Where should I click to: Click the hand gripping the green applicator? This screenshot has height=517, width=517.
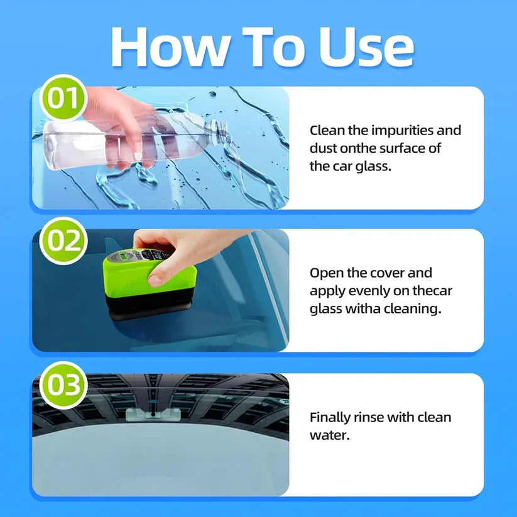[x=173, y=251]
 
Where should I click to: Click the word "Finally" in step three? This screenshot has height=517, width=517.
[x=331, y=417]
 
